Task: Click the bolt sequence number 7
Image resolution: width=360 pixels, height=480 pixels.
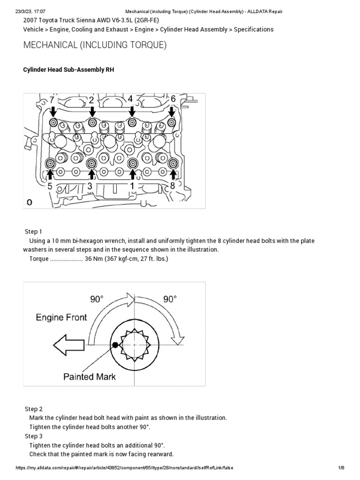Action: point(52,100)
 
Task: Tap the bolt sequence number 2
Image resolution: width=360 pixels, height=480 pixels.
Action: point(91,100)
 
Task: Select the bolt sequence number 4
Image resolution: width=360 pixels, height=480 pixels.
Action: point(130,99)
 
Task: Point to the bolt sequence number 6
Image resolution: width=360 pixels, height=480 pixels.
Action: point(173,99)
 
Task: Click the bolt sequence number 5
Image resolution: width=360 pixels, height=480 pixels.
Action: point(50,186)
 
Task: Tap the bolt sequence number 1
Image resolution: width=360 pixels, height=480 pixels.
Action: point(132,186)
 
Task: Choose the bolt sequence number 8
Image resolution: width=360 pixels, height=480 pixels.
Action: point(173,186)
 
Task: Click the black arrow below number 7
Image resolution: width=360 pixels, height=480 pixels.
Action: point(53,111)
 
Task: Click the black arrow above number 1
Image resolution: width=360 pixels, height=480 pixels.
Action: point(133,174)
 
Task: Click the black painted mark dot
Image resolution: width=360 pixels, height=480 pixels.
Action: point(115,345)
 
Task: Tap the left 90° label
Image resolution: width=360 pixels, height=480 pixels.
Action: point(97,299)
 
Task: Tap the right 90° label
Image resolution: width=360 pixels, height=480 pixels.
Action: point(170,299)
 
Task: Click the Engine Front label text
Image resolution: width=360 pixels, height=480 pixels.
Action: point(61,317)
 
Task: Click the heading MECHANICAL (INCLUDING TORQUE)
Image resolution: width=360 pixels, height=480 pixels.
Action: point(95,45)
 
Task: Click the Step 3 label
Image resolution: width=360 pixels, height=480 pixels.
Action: point(33,436)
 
